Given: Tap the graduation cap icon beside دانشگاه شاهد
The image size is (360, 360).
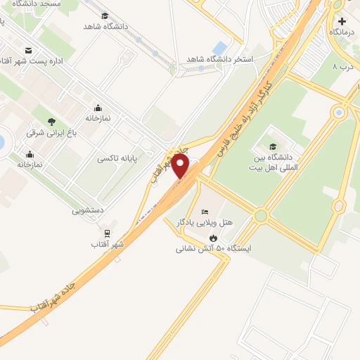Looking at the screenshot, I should pyautogui.click(x=105, y=15).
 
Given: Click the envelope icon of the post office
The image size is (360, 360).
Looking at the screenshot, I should pyautogui.click(x=28, y=50).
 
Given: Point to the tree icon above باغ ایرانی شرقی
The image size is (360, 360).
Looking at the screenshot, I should pyautogui.click(x=52, y=121).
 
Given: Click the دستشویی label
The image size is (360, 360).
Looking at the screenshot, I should pyautogui.click(x=87, y=210).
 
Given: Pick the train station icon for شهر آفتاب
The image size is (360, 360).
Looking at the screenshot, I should pyautogui.click(x=107, y=233).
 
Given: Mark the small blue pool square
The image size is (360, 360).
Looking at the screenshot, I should pyautogui.click(x=219, y=47).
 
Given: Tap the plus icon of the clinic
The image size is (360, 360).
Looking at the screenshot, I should pyautogui.click(x=341, y=21).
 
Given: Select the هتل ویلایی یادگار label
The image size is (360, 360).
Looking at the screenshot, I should pyautogui.click(x=208, y=223).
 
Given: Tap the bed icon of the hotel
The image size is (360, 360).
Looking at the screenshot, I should pyautogui.click(x=205, y=212).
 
